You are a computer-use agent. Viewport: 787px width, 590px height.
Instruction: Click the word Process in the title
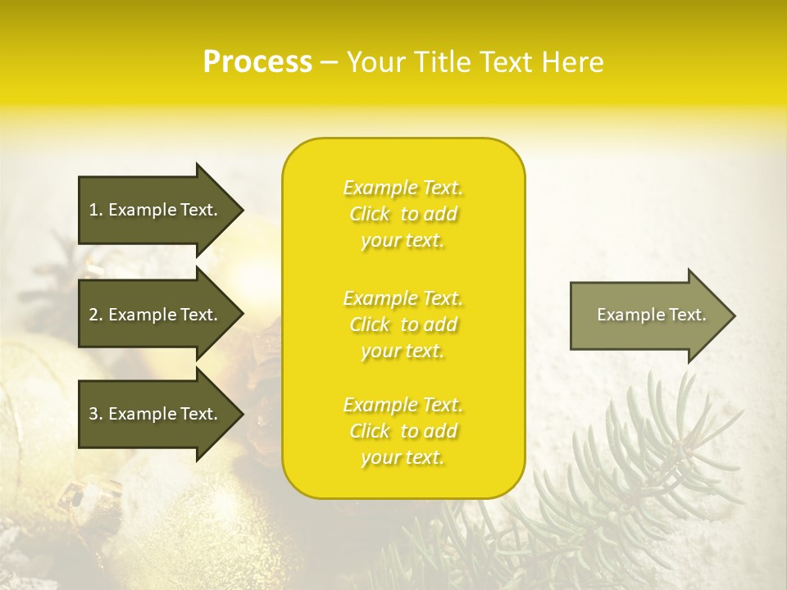257,62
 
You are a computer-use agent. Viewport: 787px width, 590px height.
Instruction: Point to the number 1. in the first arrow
95,210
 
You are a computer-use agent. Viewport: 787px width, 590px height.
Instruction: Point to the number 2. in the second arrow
95,315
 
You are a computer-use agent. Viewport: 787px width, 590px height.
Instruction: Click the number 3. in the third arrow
95,414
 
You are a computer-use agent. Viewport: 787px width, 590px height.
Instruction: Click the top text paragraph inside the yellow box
403,214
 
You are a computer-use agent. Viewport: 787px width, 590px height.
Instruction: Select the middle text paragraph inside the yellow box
403,324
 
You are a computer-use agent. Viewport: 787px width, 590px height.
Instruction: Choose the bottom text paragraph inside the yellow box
403,431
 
